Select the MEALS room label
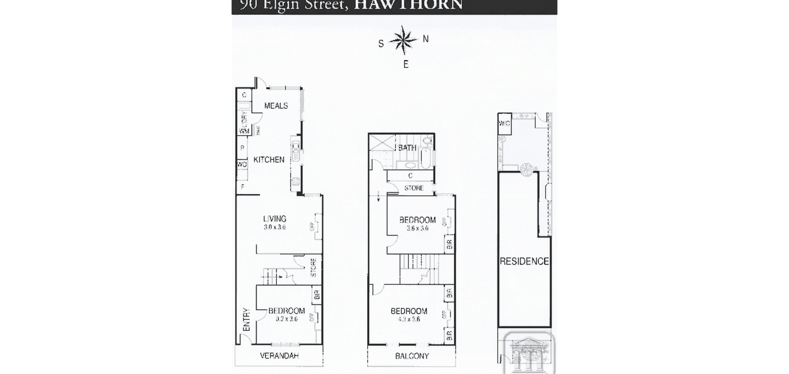pyautogui.click(x=276, y=106)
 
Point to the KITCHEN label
pyautogui.click(x=269, y=160)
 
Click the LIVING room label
pyautogui.click(x=275, y=219)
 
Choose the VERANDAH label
pyautogui.click(x=279, y=355)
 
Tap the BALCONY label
pyautogui.click(x=412, y=356)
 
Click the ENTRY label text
pyautogui.click(x=247, y=320)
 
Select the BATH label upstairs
pyautogui.click(x=407, y=148)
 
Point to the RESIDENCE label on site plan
pyautogui.click(x=524, y=261)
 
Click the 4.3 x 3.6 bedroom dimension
pyautogui.click(x=409, y=319)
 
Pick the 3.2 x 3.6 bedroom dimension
pyautogui.click(x=286, y=319)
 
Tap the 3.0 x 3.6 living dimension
pyautogui.click(x=275, y=227)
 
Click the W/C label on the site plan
pyautogui.click(x=505, y=123)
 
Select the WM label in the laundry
pyautogui.click(x=244, y=131)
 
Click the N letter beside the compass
pyautogui.click(x=426, y=39)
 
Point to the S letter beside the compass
pyautogui.click(x=381, y=44)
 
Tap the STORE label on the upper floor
pyautogui.click(x=414, y=188)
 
